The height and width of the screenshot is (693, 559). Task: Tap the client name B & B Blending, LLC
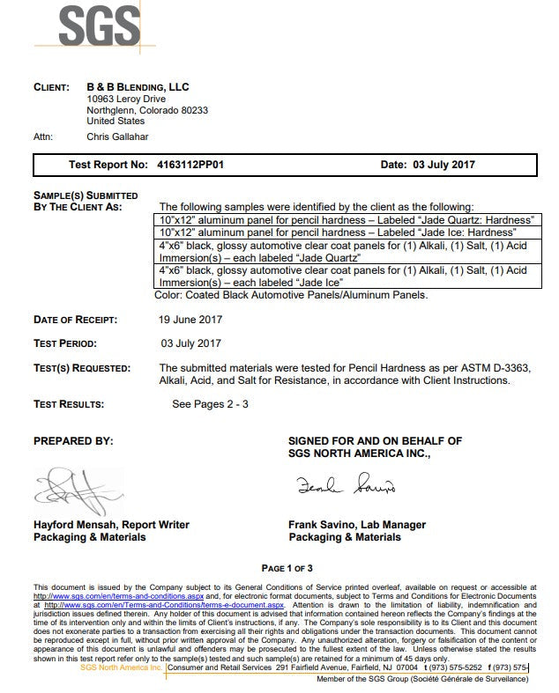coord(138,87)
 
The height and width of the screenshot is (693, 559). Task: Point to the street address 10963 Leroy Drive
coord(126,100)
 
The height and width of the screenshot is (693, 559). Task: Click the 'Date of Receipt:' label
coord(75,320)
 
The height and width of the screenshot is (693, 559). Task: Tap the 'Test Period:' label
coord(65,343)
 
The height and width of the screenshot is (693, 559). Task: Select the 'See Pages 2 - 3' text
coord(211,404)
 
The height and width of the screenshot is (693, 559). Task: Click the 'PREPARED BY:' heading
coord(73,440)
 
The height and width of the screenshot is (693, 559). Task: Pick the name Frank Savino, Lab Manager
coord(357,525)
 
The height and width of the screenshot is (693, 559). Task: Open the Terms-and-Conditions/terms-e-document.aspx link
coord(163,606)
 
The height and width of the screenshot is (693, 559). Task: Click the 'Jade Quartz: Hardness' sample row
coord(348,217)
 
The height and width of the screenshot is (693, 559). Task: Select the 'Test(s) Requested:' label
coord(82,367)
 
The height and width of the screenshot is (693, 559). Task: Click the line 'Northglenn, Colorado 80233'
coord(147,111)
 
